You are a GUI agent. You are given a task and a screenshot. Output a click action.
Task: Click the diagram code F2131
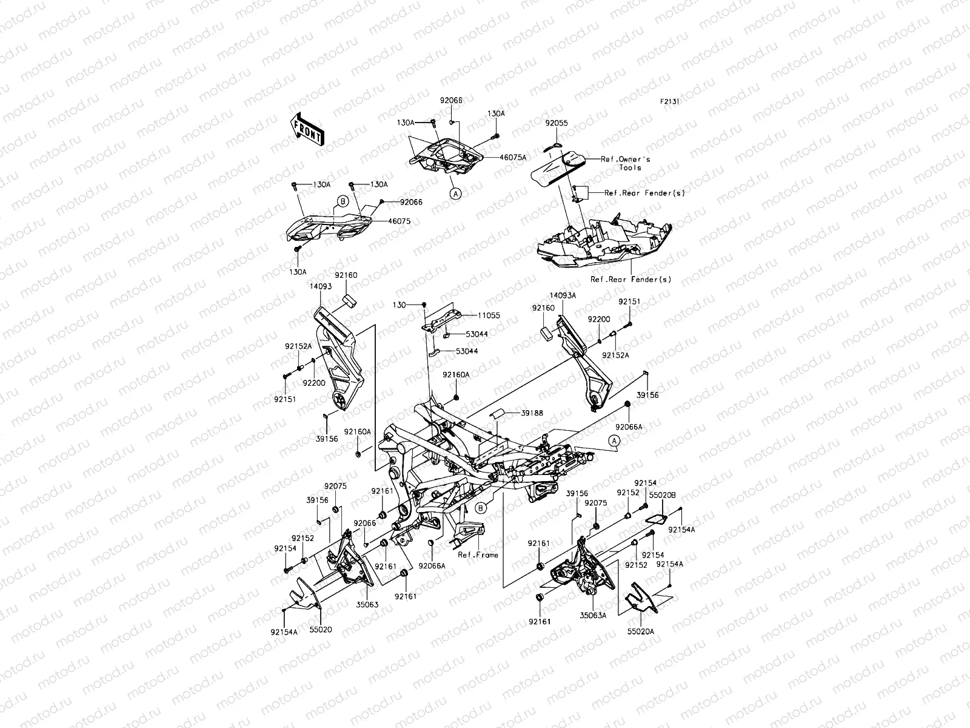(669, 102)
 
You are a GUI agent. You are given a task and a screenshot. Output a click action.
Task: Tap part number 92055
(556, 123)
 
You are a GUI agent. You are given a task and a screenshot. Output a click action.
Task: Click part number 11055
(489, 316)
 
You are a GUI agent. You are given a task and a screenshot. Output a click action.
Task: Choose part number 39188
(532, 413)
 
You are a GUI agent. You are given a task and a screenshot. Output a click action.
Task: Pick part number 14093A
(563, 295)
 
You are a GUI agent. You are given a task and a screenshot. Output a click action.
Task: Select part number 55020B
(659, 496)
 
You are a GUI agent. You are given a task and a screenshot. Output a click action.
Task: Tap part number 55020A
(641, 631)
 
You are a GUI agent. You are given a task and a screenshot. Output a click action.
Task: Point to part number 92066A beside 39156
(630, 427)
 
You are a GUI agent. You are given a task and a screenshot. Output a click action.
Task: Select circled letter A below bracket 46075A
(456, 193)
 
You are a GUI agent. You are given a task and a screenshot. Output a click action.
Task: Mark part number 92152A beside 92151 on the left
(298, 346)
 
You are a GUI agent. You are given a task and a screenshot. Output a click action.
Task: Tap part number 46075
(399, 221)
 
